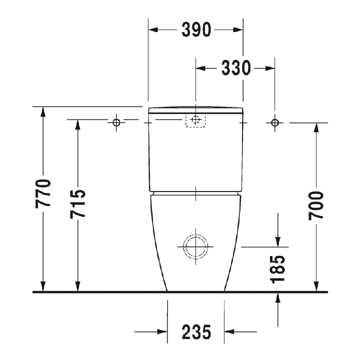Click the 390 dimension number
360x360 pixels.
(x=196, y=29)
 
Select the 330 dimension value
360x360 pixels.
(x=236, y=68)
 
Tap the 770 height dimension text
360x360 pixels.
(x=43, y=193)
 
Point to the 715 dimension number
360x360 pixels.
(x=77, y=204)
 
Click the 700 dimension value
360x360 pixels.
(x=316, y=205)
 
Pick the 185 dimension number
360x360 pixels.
(x=277, y=269)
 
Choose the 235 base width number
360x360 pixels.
(x=196, y=332)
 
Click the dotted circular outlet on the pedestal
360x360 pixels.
(x=195, y=234)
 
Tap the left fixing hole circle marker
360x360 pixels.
(x=116, y=122)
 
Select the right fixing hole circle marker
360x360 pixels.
(x=275, y=123)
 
